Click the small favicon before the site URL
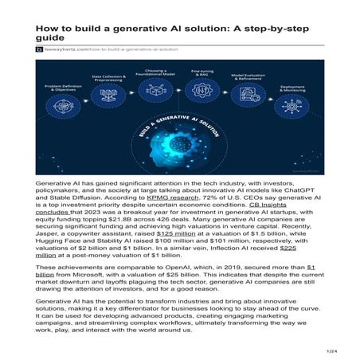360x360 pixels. (38, 49)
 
